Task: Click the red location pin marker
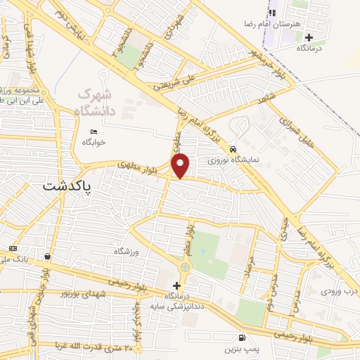coord(181,166)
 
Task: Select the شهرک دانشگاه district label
coord(95,99)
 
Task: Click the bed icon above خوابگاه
coord(94,131)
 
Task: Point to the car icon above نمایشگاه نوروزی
coord(232,148)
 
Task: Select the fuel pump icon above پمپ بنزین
coord(242,337)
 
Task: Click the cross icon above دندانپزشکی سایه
coord(176,285)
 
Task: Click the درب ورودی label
coord(340,290)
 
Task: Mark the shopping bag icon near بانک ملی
coord(46,256)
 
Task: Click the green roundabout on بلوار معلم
coord(185,267)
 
